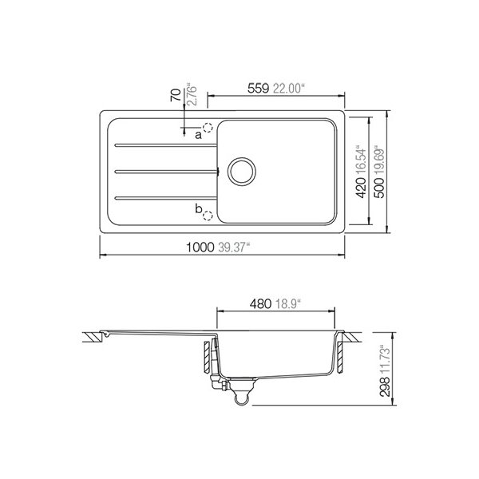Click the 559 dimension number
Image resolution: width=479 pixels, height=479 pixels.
pyautogui.click(x=258, y=89)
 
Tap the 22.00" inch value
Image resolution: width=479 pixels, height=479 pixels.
pyautogui.click(x=289, y=89)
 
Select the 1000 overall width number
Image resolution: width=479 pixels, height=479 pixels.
pyautogui.click(x=200, y=247)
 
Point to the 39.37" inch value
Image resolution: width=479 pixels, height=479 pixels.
pyautogui.click(x=234, y=247)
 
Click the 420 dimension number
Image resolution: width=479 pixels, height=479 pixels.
pyautogui.click(x=362, y=188)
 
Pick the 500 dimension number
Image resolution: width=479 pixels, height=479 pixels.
pyautogui.click(x=379, y=188)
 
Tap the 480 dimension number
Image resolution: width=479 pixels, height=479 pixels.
pyautogui.click(x=260, y=304)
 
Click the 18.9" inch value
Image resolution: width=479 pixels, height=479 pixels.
pyautogui.click(x=288, y=304)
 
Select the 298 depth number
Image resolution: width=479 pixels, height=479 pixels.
pyautogui.click(x=385, y=386)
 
